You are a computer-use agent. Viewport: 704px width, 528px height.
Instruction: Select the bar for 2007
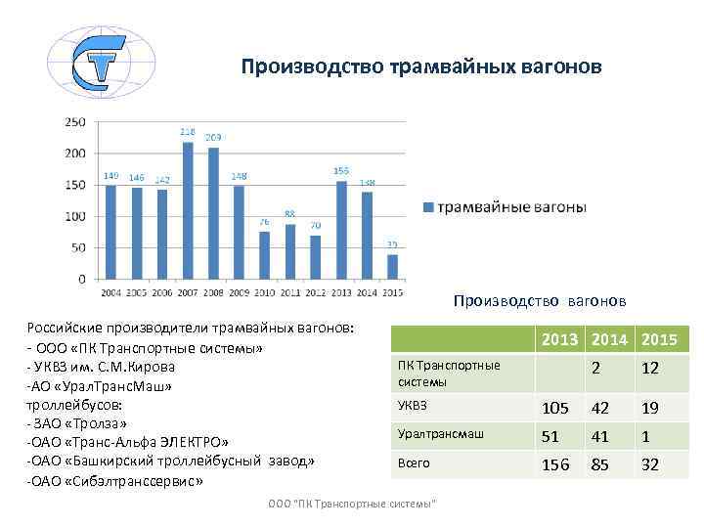[188, 210]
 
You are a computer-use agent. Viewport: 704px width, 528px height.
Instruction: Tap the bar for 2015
[392, 266]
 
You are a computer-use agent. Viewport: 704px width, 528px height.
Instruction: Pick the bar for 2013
[341, 230]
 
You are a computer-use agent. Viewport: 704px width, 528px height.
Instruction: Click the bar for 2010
[264, 254]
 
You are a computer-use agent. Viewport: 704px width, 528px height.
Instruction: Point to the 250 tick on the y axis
[74, 122]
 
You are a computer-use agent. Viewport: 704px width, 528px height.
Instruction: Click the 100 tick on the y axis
[74, 216]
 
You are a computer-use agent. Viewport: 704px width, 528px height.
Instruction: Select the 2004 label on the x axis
[110, 291]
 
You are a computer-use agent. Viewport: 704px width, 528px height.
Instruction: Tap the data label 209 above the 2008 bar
[213, 138]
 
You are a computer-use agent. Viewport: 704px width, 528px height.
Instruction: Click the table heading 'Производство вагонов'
[539, 301]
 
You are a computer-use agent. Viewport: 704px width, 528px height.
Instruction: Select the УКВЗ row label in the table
[411, 403]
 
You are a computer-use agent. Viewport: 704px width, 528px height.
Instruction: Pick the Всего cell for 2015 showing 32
[650, 465]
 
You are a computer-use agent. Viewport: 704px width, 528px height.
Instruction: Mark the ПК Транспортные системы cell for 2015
[650, 370]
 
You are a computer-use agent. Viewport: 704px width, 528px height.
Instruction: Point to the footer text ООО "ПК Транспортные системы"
[352, 504]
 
